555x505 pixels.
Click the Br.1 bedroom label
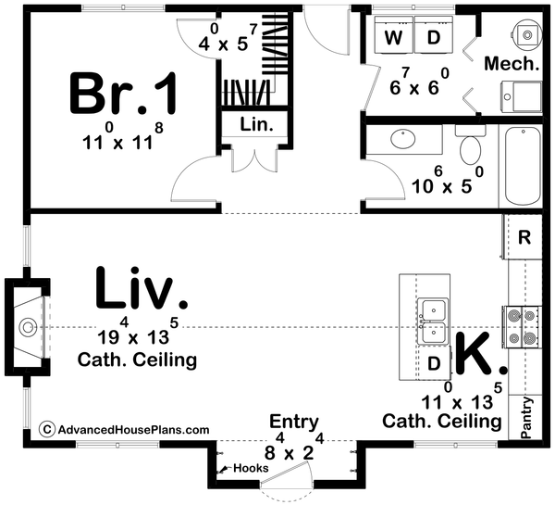pyautogui.click(x=123, y=93)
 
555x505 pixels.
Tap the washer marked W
pyautogui.click(x=394, y=35)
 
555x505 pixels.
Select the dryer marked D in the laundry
pyautogui.click(x=434, y=35)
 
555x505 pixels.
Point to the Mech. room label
pyautogui.click(x=512, y=64)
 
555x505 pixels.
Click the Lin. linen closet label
pyautogui.click(x=257, y=124)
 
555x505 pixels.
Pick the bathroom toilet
pyautogui.click(x=470, y=145)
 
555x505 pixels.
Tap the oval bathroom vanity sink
pyautogui.click(x=403, y=139)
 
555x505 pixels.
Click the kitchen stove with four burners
pyautogui.click(x=522, y=326)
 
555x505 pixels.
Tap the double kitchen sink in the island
pyautogui.click(x=432, y=322)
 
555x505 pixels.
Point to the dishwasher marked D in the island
pyautogui.click(x=434, y=363)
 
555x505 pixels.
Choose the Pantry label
pyautogui.click(x=526, y=418)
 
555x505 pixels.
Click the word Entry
pyautogui.click(x=294, y=423)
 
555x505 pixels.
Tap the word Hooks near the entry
pyautogui.click(x=251, y=468)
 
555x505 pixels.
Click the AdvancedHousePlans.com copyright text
pyautogui.click(x=124, y=429)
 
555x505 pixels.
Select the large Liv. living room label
pyautogui.click(x=142, y=288)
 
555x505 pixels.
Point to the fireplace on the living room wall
pyautogui.click(x=28, y=327)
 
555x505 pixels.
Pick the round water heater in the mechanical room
pyautogui.click(x=527, y=34)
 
